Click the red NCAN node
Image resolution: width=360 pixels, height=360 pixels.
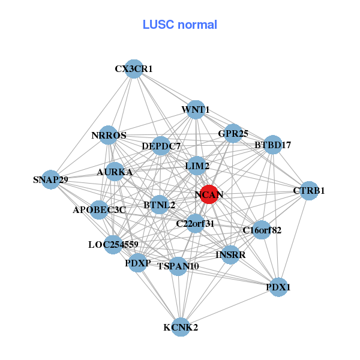point(209,194)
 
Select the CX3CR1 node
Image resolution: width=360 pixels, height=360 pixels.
point(134,69)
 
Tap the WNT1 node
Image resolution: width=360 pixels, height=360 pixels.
point(196,110)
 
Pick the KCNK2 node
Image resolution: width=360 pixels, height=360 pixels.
point(181,327)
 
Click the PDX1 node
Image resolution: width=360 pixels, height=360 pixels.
point(278,287)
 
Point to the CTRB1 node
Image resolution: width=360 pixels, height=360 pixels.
point(309,191)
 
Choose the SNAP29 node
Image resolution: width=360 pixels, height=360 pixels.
point(51,179)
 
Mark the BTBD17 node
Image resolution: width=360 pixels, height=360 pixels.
point(272,145)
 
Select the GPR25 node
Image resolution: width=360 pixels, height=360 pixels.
point(233,133)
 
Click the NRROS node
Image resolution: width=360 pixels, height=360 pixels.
point(109,136)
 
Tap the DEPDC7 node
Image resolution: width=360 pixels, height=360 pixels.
point(161,146)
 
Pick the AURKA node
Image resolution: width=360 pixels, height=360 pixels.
point(115,172)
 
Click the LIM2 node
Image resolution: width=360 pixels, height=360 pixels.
point(197,166)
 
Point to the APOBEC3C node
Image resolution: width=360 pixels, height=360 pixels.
point(100,210)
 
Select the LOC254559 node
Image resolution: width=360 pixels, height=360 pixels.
point(113,244)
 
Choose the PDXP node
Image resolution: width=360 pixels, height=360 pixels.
point(138,263)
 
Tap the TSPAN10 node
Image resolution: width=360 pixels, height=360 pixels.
point(178,266)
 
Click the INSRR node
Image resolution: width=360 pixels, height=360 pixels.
point(230,255)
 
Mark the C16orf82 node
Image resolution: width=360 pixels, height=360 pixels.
point(262,230)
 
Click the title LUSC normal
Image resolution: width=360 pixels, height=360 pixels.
point(180,25)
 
